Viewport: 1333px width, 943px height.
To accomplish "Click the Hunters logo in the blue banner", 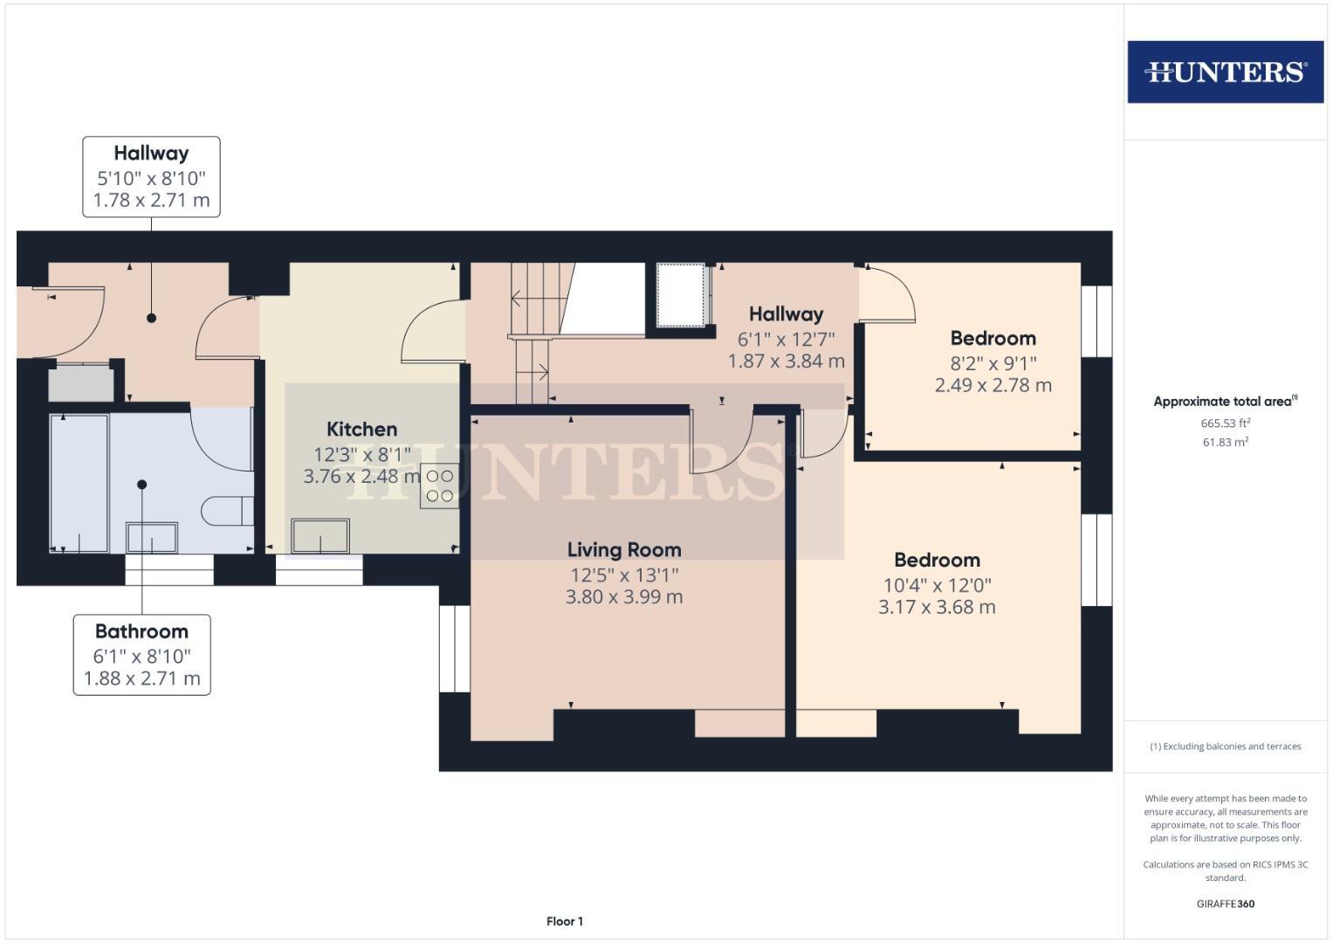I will point(1225,72).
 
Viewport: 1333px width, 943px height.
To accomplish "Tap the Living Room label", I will point(623,550).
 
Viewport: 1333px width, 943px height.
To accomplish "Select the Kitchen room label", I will point(361,430).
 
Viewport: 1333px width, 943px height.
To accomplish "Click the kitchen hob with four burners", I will point(440,486).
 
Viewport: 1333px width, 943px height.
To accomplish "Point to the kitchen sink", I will point(320,535).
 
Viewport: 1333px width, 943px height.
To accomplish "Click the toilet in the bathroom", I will point(225,511).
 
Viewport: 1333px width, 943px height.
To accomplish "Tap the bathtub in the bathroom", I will point(79,483).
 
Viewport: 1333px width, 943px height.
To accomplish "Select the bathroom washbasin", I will point(152,537).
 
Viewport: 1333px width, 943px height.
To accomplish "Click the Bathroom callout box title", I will point(141,631).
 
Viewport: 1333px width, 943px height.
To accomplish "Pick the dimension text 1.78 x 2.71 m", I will point(151,200).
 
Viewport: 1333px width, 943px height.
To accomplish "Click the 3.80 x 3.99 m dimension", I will point(623,597).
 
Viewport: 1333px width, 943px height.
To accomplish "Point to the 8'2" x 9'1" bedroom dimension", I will point(993,363).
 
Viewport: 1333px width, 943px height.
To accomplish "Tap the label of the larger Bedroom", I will point(937,561).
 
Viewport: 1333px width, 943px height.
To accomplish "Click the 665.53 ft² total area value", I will point(1225,423).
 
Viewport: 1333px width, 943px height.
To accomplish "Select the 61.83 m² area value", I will point(1225,443).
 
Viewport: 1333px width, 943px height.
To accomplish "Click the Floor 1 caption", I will point(564,921).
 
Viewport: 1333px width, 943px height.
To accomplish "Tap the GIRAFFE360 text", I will point(1225,904).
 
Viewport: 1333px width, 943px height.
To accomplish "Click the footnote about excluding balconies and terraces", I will point(1225,747).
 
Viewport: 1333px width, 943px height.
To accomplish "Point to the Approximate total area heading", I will point(1225,402).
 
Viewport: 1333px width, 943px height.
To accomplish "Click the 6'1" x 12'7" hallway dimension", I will point(786,340).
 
